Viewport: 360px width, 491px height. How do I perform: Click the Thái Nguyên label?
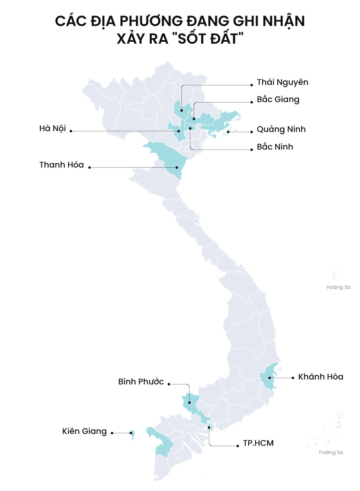pyautogui.click(x=282, y=82)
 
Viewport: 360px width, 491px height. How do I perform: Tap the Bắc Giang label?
pyautogui.click(x=278, y=99)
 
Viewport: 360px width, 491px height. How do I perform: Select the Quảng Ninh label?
pyautogui.click(x=281, y=130)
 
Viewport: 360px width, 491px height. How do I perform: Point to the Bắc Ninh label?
pyautogui.click(x=275, y=146)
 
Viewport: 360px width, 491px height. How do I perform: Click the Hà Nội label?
pyautogui.click(x=52, y=128)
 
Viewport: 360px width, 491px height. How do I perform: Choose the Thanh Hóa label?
pyautogui.click(x=61, y=165)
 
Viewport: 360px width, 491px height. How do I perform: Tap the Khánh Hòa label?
pyautogui.click(x=320, y=376)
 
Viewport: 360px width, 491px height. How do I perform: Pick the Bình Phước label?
pyautogui.click(x=141, y=382)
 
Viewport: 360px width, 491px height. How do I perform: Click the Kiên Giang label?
pyautogui.click(x=84, y=431)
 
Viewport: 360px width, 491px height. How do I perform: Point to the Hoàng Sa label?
pyautogui.click(x=338, y=287)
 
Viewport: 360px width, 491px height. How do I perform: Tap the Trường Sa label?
pyautogui.click(x=331, y=452)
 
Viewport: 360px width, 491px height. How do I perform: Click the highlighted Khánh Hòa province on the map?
pyautogui.click(x=270, y=376)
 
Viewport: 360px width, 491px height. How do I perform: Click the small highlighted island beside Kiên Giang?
pyautogui.click(x=132, y=434)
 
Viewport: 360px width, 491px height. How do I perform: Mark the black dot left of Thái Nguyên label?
pyautogui.click(x=252, y=85)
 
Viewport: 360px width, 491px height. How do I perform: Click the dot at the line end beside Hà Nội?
pyautogui.click(x=71, y=131)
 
